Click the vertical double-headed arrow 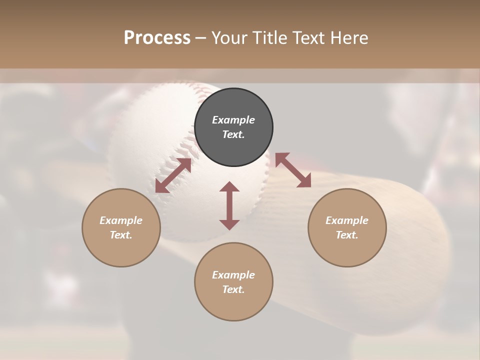pos(229,205)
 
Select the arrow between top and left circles pos(173,175)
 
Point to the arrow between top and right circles pos(293,170)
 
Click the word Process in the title pos(157,38)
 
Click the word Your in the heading pos(229,38)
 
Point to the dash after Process pos(201,38)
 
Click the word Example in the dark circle pos(233,120)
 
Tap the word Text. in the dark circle pos(233,134)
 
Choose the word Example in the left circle pos(121,220)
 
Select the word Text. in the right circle pos(347,235)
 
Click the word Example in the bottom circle pos(233,275)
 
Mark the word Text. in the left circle pos(121,235)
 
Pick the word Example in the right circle pos(347,220)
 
